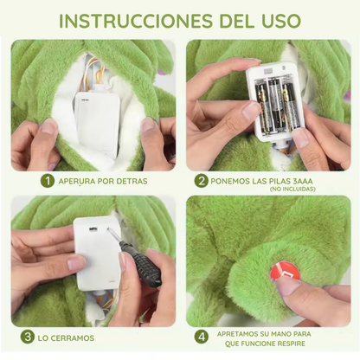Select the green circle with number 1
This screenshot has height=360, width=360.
(x=47, y=181)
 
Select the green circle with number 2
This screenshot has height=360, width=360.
(x=201, y=181)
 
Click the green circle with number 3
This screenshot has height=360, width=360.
(x=28, y=337)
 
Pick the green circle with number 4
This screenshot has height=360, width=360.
(x=202, y=337)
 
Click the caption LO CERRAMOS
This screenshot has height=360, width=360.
(x=67, y=337)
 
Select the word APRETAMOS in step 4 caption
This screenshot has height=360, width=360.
(x=238, y=332)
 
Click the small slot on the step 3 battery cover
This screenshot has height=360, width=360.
(x=93, y=231)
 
